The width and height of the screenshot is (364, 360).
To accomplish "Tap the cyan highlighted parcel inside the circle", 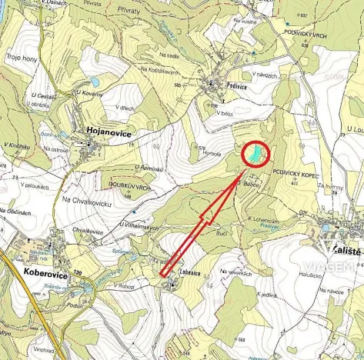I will pyautogui.click(x=258, y=155).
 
